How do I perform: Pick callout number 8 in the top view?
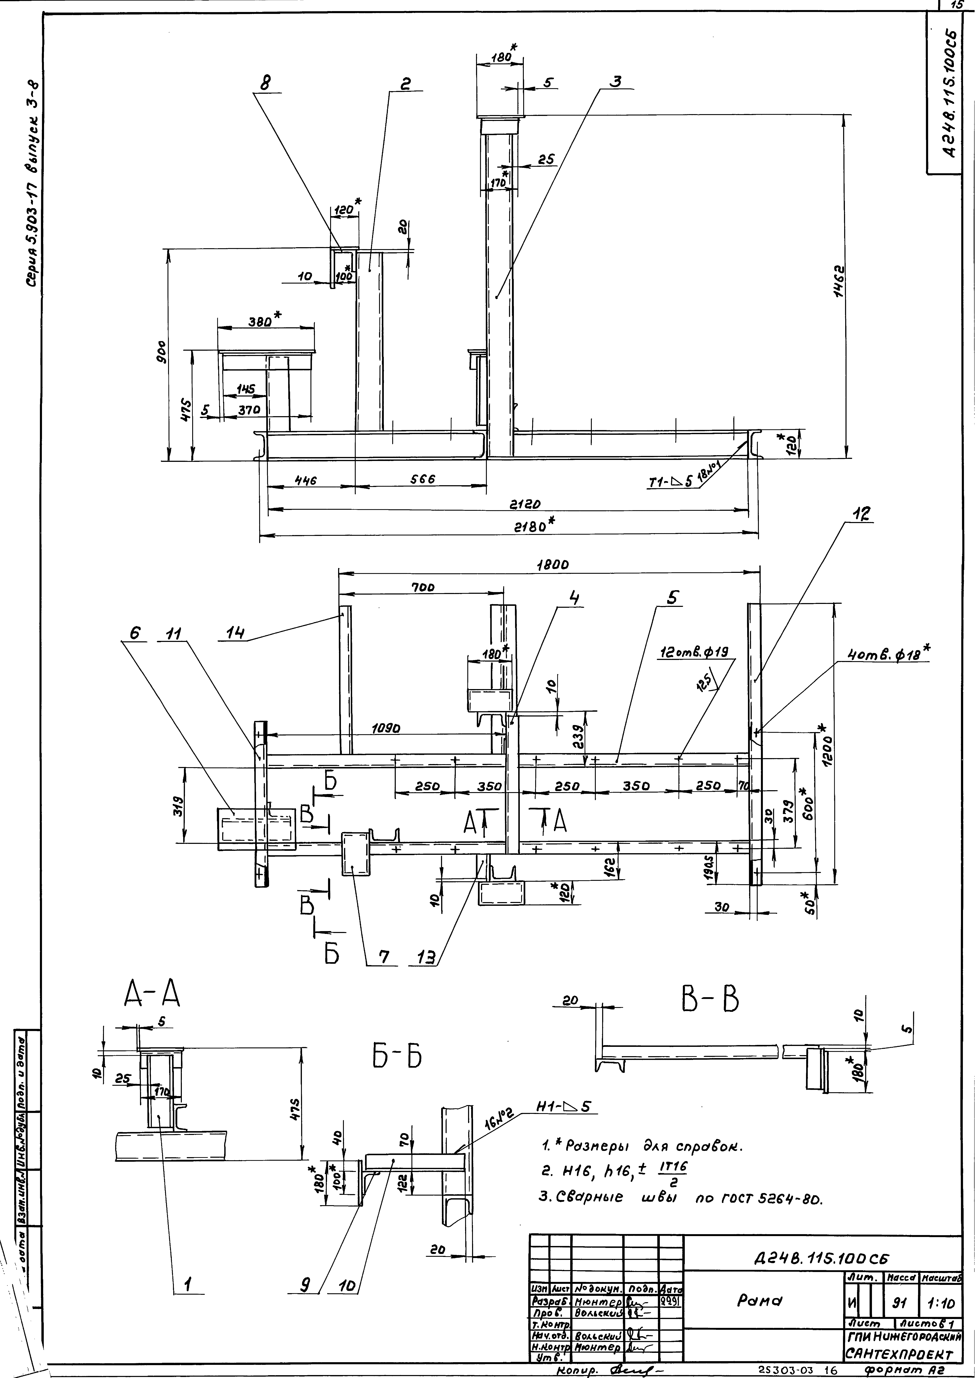click(264, 85)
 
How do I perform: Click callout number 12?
click(863, 515)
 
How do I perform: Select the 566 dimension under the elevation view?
click(423, 479)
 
